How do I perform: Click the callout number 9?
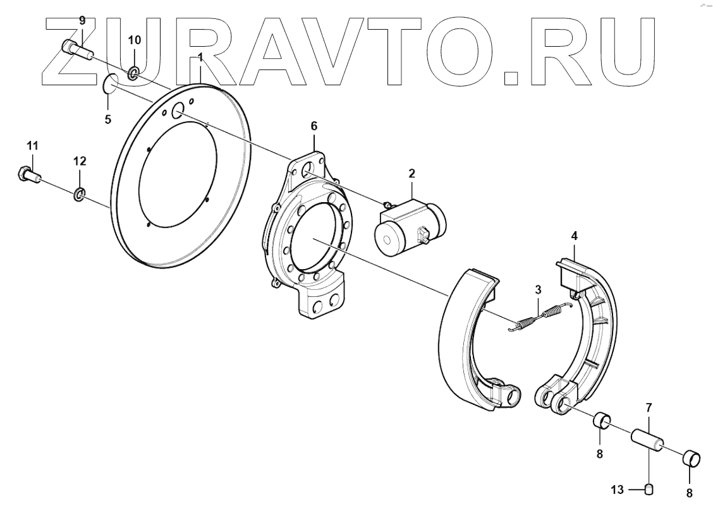point(82,20)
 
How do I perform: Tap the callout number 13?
point(617,490)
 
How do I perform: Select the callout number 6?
point(314,126)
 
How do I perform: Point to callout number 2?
point(412,173)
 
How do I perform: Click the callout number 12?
point(80,161)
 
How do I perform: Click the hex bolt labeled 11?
point(28,174)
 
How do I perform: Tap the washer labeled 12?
point(79,195)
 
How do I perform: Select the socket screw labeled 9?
point(77,49)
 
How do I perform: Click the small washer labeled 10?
point(133,72)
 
